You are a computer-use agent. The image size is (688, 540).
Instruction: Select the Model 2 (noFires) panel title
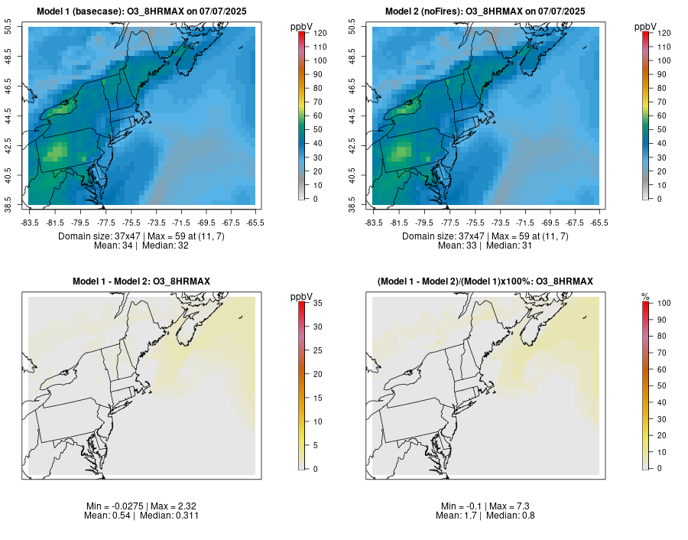click(x=485, y=11)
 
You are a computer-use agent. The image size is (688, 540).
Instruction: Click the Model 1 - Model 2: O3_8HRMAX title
click(x=141, y=282)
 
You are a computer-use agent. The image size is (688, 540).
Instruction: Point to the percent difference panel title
click(x=485, y=282)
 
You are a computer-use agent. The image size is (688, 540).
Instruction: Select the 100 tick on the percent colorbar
click(x=658, y=303)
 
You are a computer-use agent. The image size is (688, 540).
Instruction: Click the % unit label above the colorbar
click(x=645, y=297)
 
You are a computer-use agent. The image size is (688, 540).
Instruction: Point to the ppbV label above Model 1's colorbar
click(x=302, y=27)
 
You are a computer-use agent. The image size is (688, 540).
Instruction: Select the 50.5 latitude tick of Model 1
click(x=8, y=28)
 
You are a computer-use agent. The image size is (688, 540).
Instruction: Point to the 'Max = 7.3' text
click(x=507, y=506)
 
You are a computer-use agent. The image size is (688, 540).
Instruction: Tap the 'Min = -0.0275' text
click(x=112, y=506)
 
